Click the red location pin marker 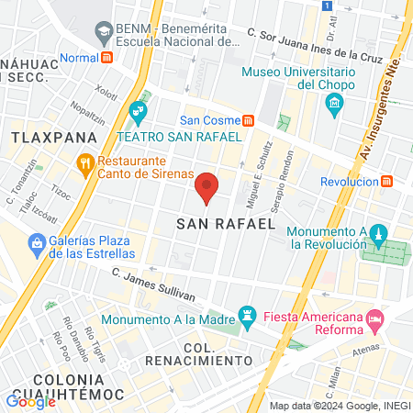(x=207, y=186)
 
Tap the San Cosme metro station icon (x=248, y=120)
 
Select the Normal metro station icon (x=107, y=57)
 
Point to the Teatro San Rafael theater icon (x=139, y=114)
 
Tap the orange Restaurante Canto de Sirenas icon (x=85, y=166)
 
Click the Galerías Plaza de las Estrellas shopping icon (x=38, y=244)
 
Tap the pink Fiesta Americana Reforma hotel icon (x=374, y=319)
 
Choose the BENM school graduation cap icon (x=104, y=34)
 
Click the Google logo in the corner (x=30, y=401)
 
